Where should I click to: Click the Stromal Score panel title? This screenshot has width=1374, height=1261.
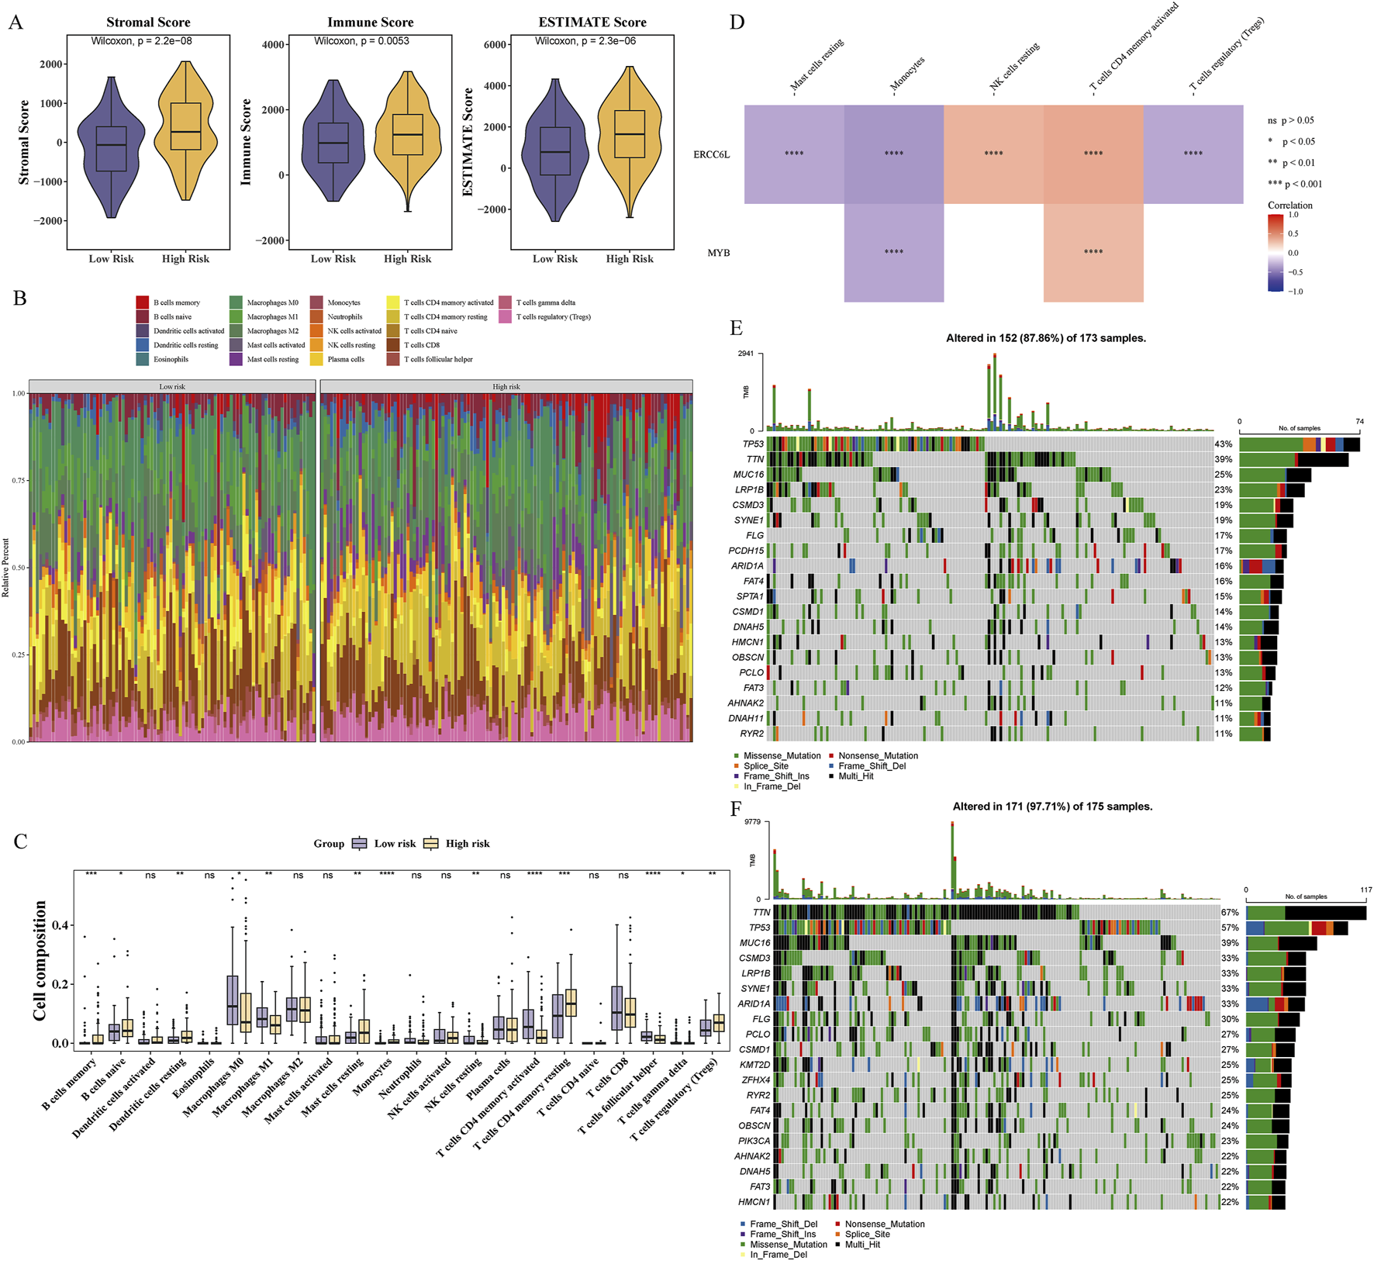click(148, 22)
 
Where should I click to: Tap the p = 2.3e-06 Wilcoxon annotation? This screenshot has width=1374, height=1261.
click(585, 41)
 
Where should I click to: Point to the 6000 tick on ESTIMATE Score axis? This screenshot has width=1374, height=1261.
click(495, 45)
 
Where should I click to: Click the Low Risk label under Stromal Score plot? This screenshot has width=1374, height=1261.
click(111, 259)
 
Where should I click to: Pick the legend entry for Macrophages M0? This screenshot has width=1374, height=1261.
click(272, 302)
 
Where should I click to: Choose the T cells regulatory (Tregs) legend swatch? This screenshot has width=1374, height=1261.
click(505, 316)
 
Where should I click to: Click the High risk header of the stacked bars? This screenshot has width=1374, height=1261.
click(506, 386)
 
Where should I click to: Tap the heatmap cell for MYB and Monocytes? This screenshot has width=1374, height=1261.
click(893, 253)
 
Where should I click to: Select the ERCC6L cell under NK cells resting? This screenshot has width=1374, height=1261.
click(993, 154)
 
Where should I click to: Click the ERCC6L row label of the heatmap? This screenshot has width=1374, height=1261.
click(711, 154)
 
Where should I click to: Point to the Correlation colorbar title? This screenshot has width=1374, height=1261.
click(1289, 206)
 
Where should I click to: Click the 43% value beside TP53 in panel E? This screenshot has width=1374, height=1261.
click(1223, 444)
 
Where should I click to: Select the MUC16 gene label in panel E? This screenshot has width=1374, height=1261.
click(748, 475)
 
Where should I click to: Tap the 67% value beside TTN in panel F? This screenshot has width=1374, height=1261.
click(1230, 913)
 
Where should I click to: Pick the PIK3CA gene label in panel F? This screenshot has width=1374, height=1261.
click(754, 1141)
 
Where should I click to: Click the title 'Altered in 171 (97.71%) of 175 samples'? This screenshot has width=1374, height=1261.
click(1052, 807)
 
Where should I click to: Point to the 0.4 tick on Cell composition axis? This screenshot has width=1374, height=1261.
click(60, 925)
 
